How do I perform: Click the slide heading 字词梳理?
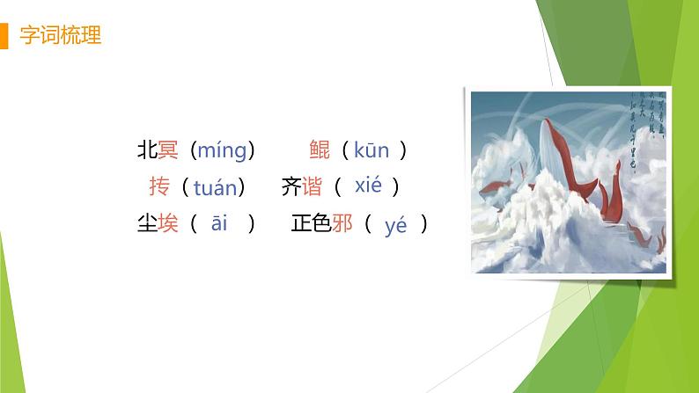point(60,36)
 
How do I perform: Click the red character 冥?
point(168,150)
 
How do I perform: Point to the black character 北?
point(147,150)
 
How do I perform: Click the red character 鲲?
point(320,150)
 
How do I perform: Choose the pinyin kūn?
point(371,150)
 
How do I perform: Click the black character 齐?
point(291,186)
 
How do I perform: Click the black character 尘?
point(147,223)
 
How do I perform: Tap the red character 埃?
point(168,223)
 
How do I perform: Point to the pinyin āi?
point(219,223)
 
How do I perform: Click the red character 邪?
point(342,223)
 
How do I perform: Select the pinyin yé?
point(396,226)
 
